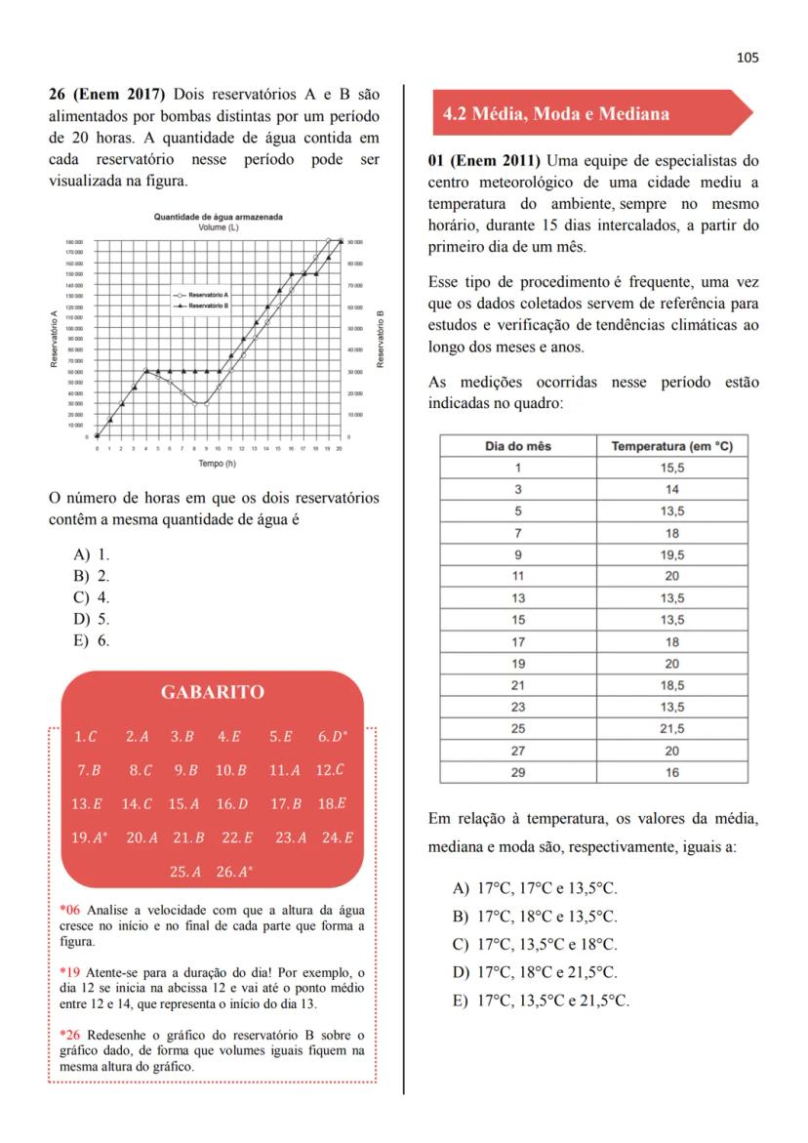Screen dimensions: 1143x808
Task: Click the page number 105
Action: click(x=747, y=57)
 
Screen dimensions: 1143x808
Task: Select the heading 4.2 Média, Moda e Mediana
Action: click(x=555, y=114)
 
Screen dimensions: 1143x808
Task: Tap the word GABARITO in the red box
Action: click(x=212, y=692)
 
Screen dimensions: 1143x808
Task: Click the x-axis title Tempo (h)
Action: click(x=218, y=463)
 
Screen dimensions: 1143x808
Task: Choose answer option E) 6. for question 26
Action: click(x=92, y=640)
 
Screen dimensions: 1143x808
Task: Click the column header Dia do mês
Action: click(x=518, y=446)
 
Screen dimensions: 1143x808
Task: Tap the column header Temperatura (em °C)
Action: click(x=671, y=446)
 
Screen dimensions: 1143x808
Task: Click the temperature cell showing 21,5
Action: click(x=671, y=728)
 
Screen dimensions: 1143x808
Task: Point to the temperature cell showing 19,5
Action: click(x=671, y=554)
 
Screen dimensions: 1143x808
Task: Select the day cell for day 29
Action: click(x=518, y=771)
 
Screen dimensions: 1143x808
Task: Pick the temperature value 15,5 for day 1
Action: click(x=671, y=468)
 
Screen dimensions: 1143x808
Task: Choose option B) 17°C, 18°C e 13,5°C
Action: click(x=536, y=917)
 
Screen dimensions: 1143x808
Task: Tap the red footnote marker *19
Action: click(x=70, y=973)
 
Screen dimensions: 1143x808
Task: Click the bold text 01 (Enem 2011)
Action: click(x=484, y=160)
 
